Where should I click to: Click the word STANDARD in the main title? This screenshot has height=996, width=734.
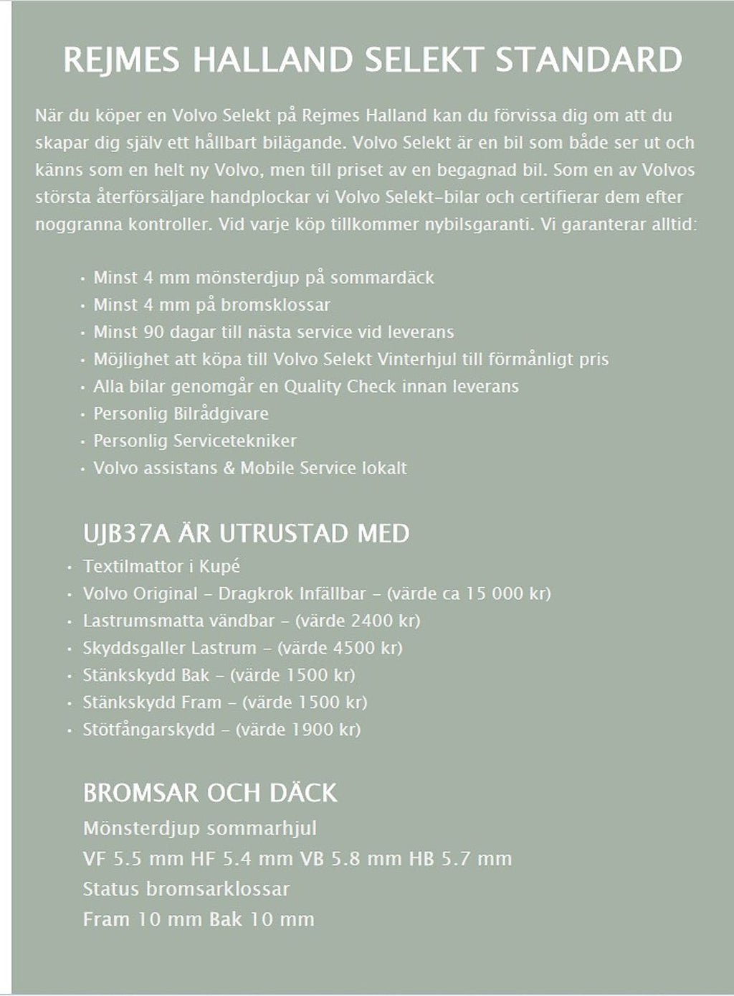click(x=588, y=60)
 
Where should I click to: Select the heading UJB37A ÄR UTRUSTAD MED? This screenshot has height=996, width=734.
click(x=246, y=534)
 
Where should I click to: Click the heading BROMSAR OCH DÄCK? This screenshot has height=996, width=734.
click(x=209, y=793)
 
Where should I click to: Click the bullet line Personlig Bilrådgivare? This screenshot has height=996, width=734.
click(x=181, y=414)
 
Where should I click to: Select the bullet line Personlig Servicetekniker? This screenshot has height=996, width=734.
click(x=194, y=441)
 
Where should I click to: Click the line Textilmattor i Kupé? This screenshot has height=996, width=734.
click(x=161, y=566)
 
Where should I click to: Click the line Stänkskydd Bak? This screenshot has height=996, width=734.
click(x=146, y=675)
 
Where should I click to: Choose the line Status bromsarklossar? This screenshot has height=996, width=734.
click(x=186, y=889)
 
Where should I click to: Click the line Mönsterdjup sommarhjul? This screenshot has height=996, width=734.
click(x=200, y=829)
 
